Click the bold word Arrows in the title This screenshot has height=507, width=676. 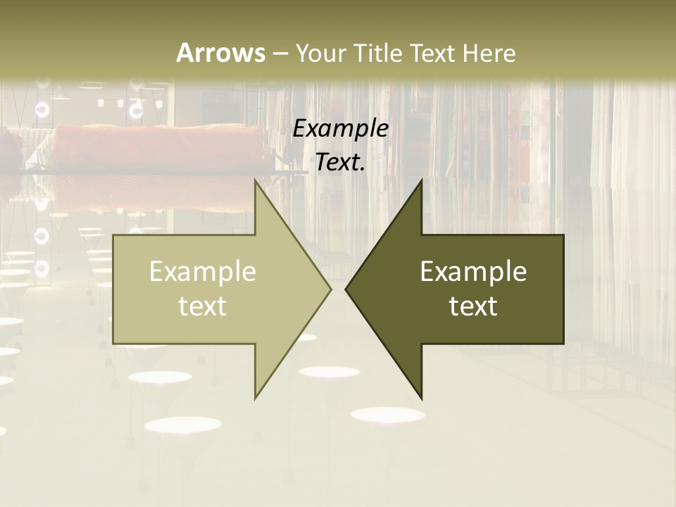[220, 53]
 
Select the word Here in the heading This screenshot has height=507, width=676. [489, 53]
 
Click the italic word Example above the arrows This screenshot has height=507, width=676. [341, 129]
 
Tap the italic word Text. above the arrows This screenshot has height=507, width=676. [341, 163]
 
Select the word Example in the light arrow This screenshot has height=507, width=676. [203, 272]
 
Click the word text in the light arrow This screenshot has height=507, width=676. [203, 306]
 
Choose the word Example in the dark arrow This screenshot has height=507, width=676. [473, 272]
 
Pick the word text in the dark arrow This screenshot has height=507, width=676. [473, 306]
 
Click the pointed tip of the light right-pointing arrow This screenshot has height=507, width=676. [330, 289]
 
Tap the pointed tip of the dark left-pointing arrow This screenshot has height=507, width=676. [346, 289]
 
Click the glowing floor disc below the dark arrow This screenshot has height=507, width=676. [387, 415]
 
